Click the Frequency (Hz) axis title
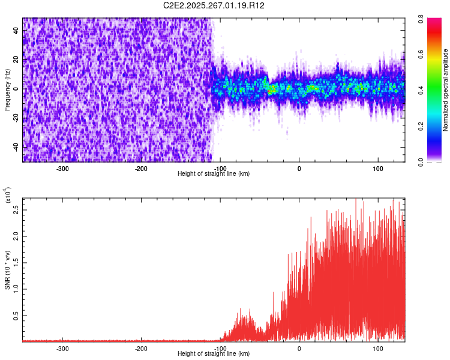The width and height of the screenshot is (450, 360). click(8, 89)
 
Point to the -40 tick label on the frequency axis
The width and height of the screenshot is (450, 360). click(16, 147)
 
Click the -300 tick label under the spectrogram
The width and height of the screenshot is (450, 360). click(63, 168)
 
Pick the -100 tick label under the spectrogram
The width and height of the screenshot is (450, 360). click(220, 168)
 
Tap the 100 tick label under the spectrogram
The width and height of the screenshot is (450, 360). click(378, 168)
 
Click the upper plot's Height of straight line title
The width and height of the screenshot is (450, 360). click(214, 173)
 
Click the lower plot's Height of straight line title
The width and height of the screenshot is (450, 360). click(214, 353)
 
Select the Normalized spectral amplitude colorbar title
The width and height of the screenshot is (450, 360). click(446, 90)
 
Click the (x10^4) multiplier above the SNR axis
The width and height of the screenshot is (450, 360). click(8, 196)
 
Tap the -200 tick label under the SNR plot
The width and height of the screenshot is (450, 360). click(142, 348)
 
